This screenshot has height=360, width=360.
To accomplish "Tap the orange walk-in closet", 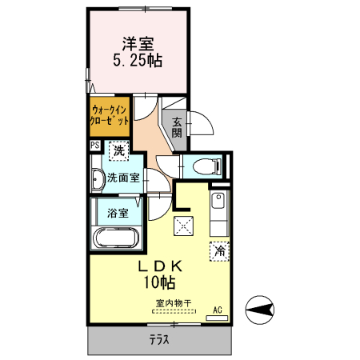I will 107,117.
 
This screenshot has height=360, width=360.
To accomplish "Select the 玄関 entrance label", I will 176,126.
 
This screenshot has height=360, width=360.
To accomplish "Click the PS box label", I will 94,146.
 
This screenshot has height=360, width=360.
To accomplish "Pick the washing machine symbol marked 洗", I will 118,150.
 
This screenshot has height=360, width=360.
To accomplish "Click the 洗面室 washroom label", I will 124,178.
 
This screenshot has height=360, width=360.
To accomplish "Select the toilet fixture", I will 210,167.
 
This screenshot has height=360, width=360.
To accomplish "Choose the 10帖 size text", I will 160,282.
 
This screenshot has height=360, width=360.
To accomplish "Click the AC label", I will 217,310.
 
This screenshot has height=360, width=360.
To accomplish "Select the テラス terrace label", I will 159,338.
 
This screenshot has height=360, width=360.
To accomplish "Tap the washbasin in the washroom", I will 97,179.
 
